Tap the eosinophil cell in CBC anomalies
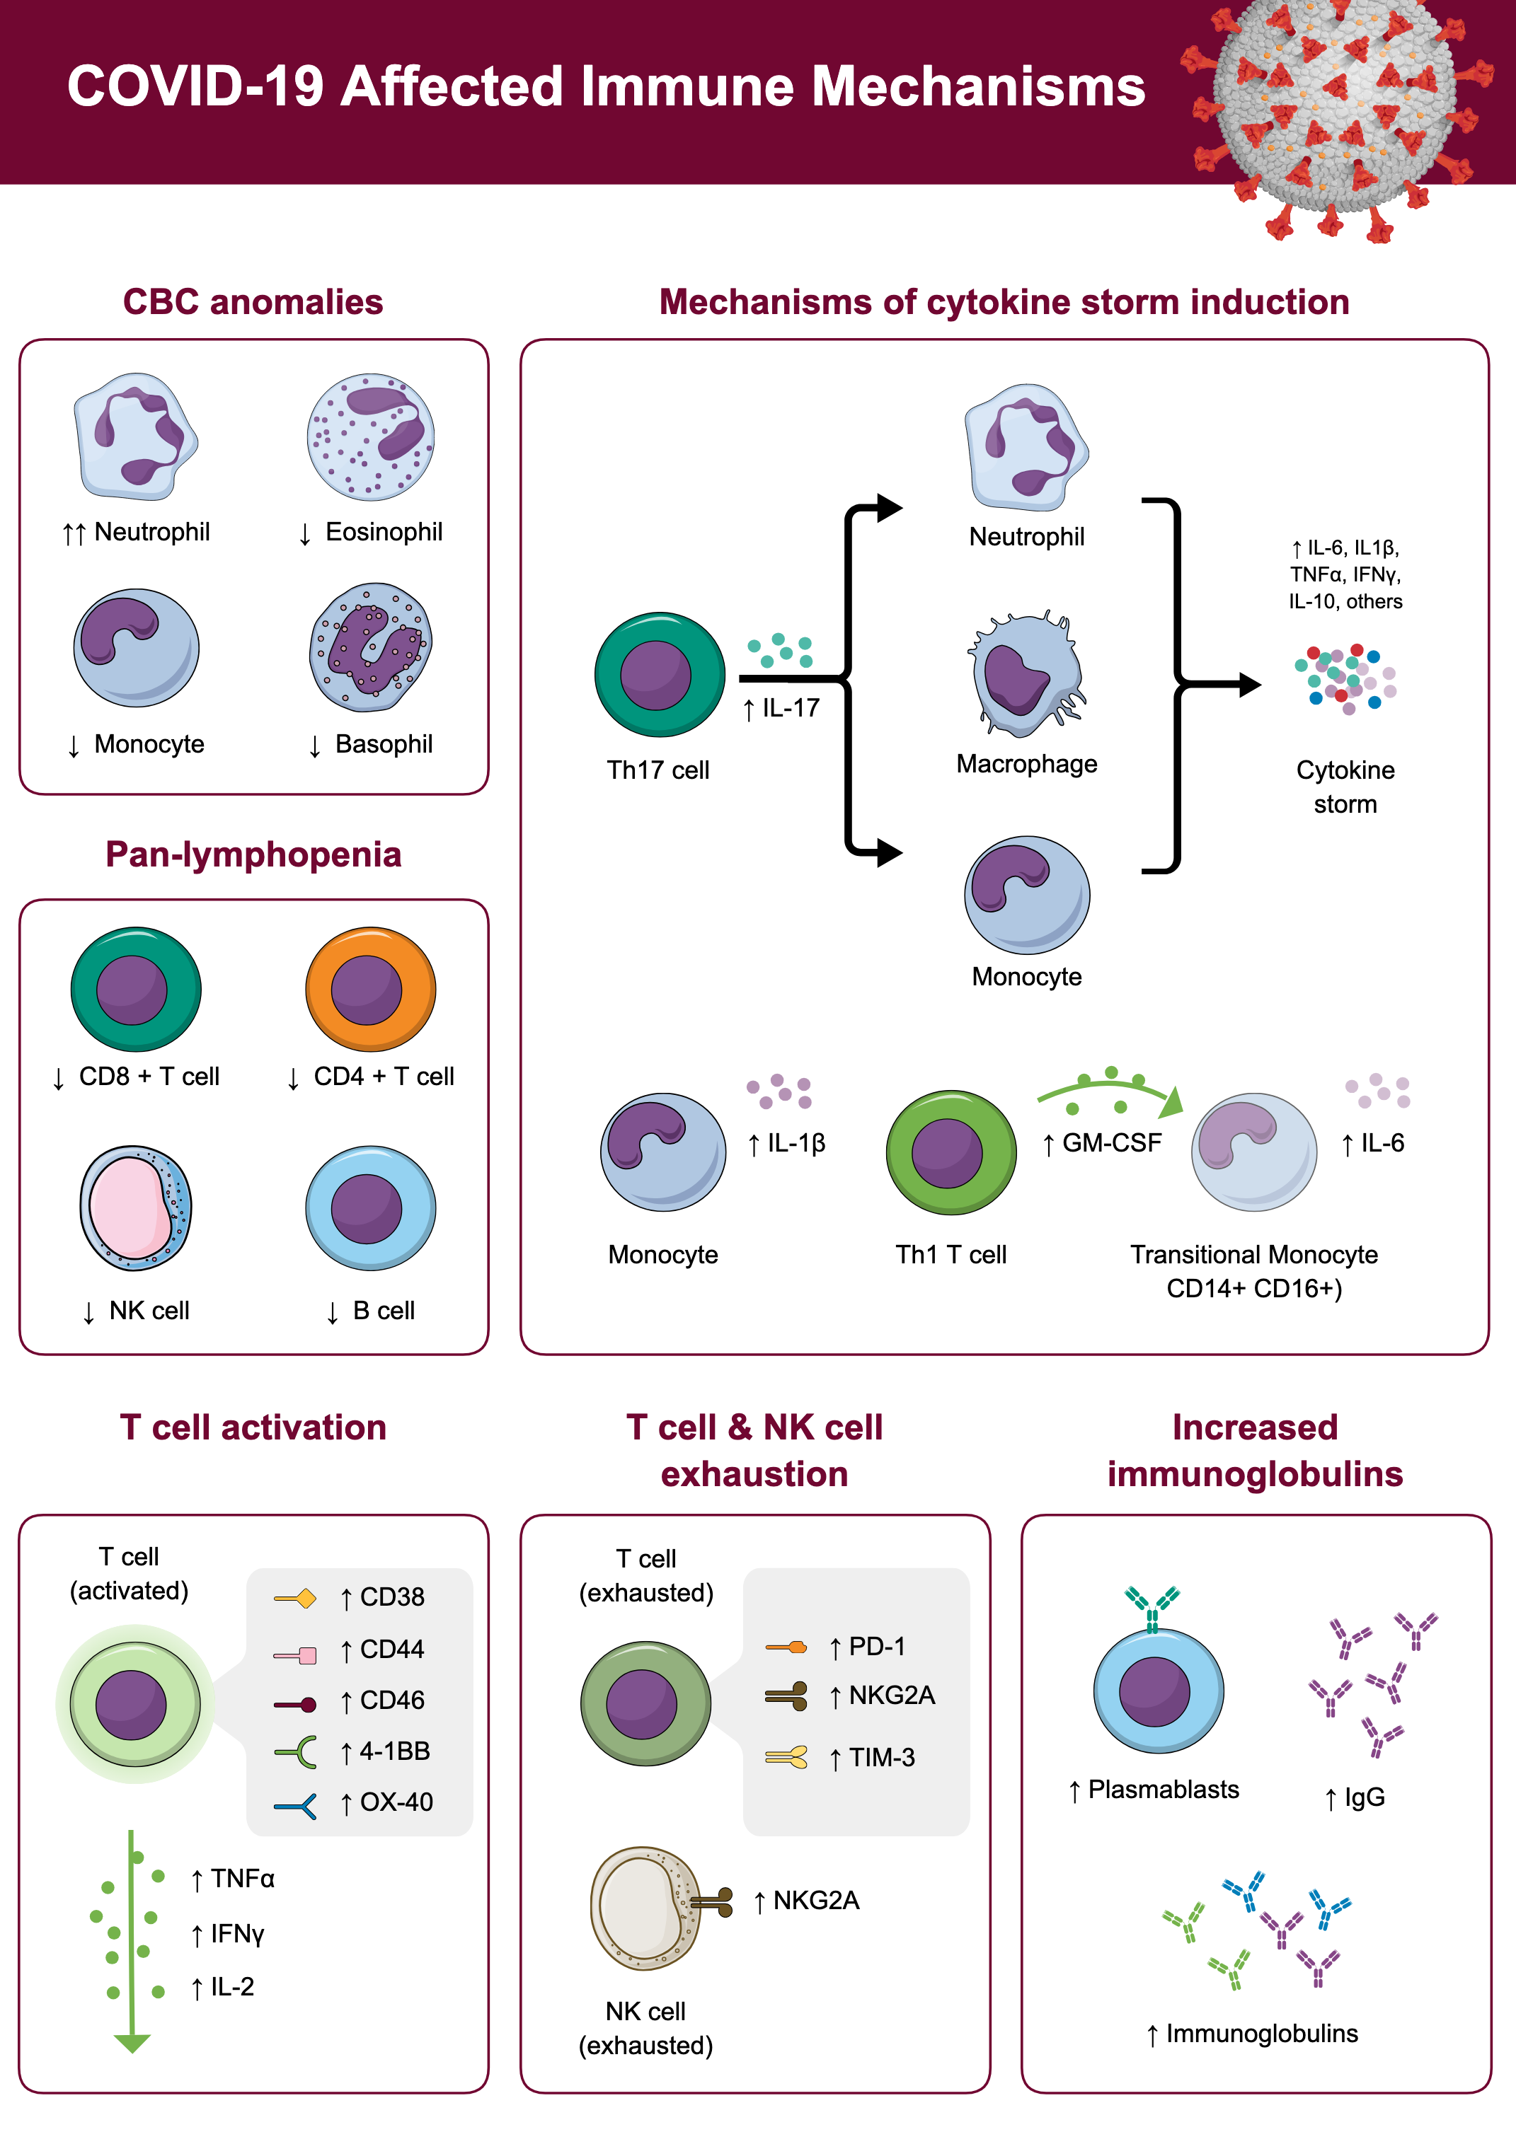pyautogui.click(x=370, y=437)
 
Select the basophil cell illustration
pyautogui.click(x=370, y=647)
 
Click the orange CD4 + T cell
pyautogui.click(x=370, y=989)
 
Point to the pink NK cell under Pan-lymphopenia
pyautogui.click(x=135, y=1207)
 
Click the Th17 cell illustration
pyautogui.click(x=660, y=674)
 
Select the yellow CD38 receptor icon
pyautogui.click(x=295, y=1599)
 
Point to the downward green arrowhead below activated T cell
pyautogui.click(x=132, y=2043)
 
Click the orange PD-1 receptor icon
pyautogui.click(x=786, y=1647)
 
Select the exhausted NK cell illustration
pyautogui.click(x=645, y=1908)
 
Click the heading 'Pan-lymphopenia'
pyautogui.click(x=253, y=854)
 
